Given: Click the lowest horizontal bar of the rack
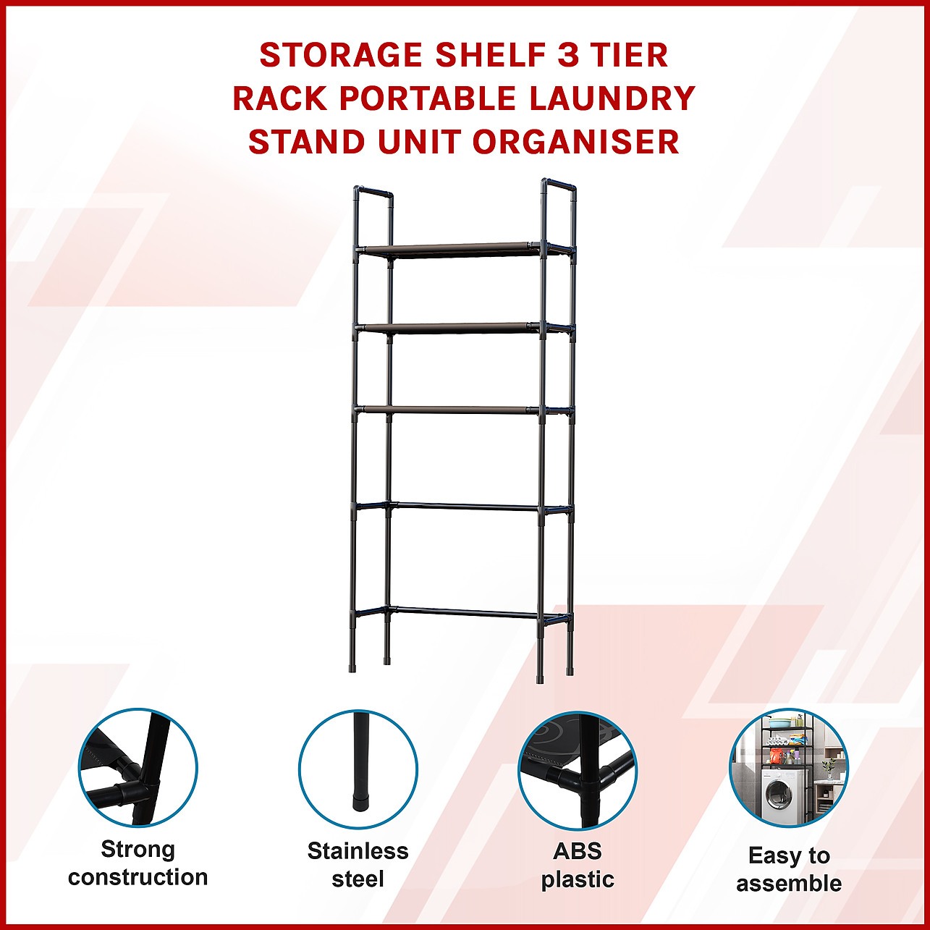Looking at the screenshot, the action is coord(463,612).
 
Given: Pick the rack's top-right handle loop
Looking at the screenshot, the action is coord(559,184).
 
